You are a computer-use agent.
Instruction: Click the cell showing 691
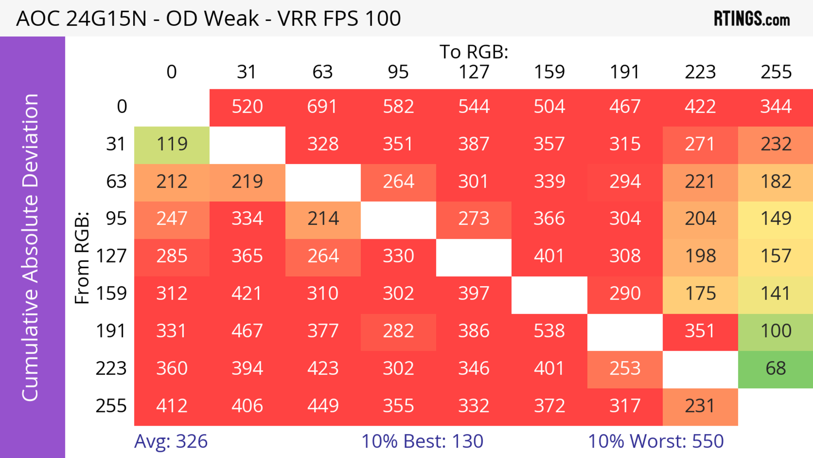(x=322, y=106)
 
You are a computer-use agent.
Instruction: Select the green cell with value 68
(x=776, y=368)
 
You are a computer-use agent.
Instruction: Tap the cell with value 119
(x=172, y=144)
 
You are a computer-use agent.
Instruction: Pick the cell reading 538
(x=549, y=331)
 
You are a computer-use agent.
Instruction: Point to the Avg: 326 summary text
(x=171, y=441)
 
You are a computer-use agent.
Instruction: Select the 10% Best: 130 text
(x=422, y=441)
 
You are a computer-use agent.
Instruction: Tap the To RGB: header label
(x=474, y=52)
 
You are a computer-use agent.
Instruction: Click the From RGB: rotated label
(x=82, y=258)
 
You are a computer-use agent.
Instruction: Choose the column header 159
(x=549, y=72)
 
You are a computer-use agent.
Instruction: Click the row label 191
(x=111, y=331)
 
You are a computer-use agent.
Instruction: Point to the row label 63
(x=116, y=181)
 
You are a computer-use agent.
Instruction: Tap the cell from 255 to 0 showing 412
(x=172, y=406)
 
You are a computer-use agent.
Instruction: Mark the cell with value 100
(x=776, y=331)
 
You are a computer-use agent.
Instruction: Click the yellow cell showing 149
(x=776, y=219)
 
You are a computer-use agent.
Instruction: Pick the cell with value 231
(x=700, y=406)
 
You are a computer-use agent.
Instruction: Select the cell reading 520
(x=247, y=106)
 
